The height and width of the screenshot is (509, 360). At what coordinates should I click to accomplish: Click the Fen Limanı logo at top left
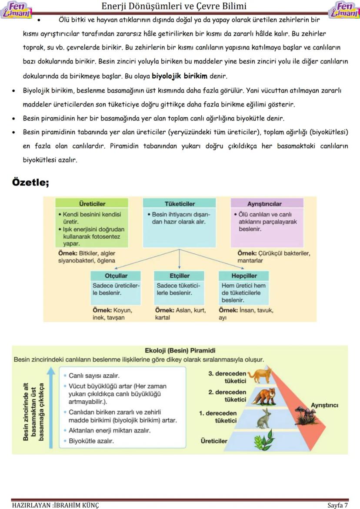click(x=17, y=9)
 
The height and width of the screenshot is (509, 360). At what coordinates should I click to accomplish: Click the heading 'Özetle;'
click(x=30, y=182)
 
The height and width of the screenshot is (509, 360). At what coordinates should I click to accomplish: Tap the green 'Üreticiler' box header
click(x=92, y=203)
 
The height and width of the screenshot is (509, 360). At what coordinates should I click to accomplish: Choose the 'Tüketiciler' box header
click(x=180, y=203)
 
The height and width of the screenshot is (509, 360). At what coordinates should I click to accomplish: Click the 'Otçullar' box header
click(x=116, y=276)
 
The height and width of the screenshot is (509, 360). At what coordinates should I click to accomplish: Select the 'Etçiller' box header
click(x=180, y=276)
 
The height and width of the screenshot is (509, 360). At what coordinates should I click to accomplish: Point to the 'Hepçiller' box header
click(x=244, y=276)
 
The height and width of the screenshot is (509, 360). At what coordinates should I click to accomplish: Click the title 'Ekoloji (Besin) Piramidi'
click(x=180, y=350)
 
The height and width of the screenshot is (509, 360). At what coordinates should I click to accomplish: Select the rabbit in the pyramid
click(x=264, y=418)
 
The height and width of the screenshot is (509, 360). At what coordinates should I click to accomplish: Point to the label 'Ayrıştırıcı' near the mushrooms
click(x=324, y=405)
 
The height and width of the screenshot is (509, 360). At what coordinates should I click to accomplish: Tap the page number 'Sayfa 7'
click(x=337, y=505)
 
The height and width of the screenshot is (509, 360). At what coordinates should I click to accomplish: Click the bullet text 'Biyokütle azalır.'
click(x=91, y=441)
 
